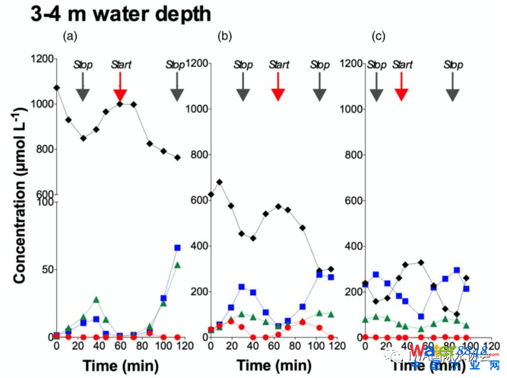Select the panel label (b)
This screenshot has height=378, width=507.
pyautogui.click(x=224, y=36)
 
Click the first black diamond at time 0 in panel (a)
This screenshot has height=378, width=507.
pyautogui.click(x=56, y=88)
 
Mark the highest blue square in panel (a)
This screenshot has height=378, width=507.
pyautogui.click(x=178, y=248)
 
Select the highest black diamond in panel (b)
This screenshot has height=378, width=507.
pyautogui.click(x=220, y=183)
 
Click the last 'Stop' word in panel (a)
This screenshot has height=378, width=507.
pyautogui.click(x=176, y=65)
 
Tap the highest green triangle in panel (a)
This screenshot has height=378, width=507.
pyautogui.click(x=178, y=265)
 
